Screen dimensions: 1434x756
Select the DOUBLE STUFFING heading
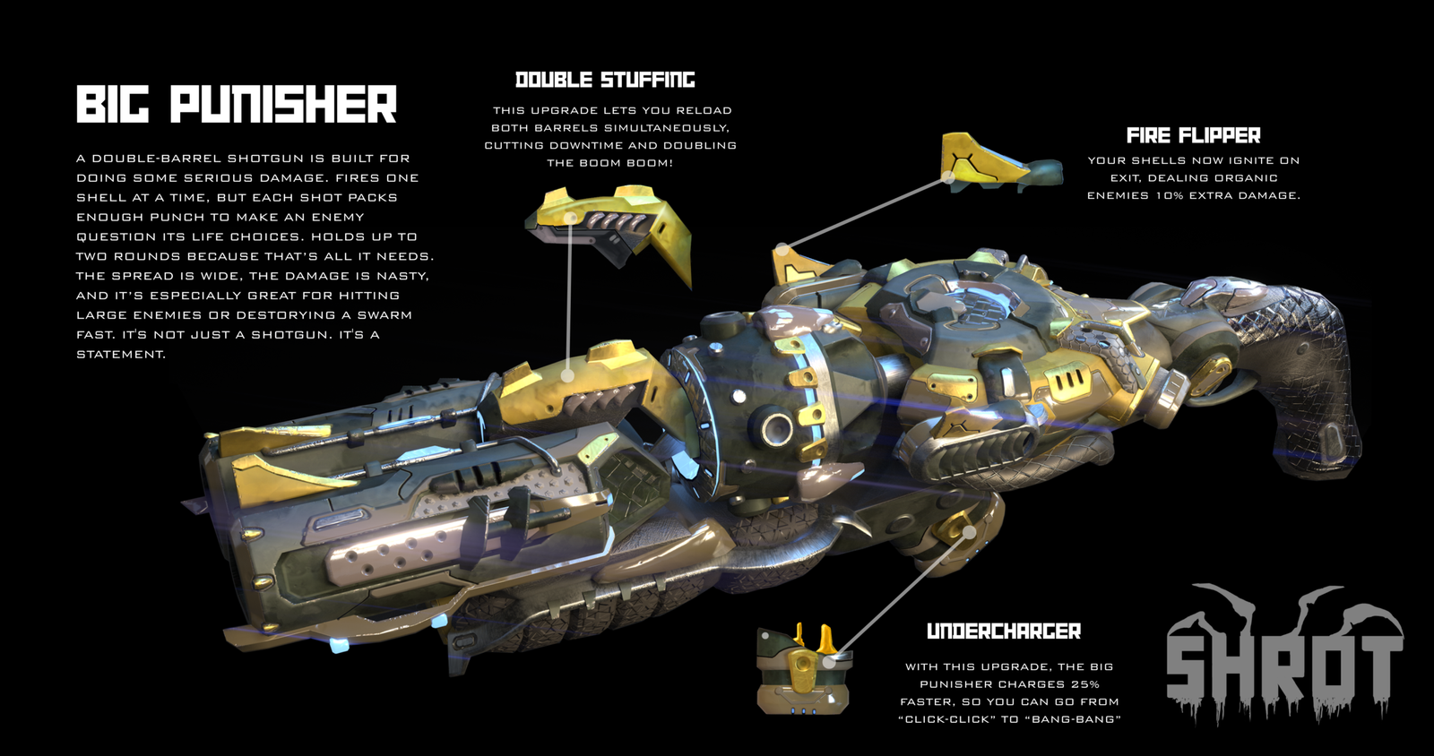[x=605, y=80]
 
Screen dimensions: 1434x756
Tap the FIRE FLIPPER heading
[x=1193, y=135]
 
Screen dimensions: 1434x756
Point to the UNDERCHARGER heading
[x=1004, y=631]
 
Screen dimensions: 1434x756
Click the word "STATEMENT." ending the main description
[x=121, y=355]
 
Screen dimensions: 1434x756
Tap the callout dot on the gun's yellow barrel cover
[x=567, y=375]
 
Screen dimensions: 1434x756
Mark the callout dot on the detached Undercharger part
[x=828, y=663]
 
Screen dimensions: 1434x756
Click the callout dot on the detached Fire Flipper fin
[x=949, y=178]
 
